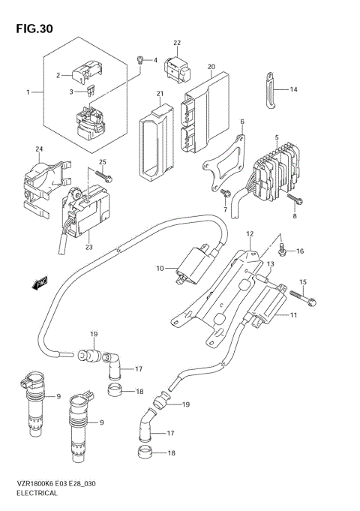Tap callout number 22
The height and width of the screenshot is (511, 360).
[178, 44]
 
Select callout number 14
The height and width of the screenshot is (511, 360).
[294, 89]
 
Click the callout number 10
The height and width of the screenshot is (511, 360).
[160, 268]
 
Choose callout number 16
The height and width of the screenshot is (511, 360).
[300, 251]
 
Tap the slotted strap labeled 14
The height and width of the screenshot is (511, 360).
[268, 91]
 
